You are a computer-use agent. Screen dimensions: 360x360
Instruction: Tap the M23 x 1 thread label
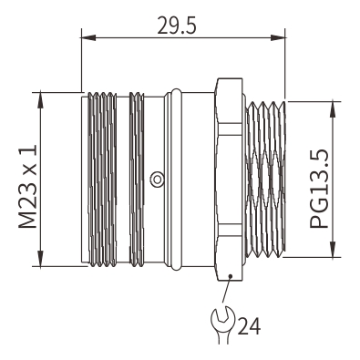click(27, 187)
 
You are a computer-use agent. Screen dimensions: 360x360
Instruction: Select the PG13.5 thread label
click(319, 189)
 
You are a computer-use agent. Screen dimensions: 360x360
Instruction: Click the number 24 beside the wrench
click(249, 326)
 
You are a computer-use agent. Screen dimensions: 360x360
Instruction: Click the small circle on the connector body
click(157, 180)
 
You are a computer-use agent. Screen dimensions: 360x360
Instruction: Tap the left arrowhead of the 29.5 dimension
click(88, 37)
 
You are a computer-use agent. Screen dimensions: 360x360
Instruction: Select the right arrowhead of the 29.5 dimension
click(278, 37)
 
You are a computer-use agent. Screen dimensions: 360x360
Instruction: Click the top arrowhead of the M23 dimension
click(40, 100)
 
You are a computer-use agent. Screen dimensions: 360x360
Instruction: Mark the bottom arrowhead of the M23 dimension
click(40, 259)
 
